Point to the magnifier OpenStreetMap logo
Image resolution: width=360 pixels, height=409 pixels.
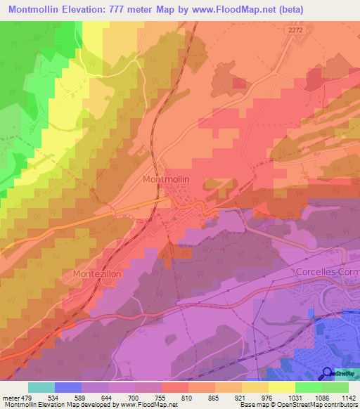(x=328, y=374)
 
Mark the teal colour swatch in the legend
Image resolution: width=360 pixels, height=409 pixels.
(x=41, y=387)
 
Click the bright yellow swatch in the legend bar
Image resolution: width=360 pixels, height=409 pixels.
(x=282, y=387)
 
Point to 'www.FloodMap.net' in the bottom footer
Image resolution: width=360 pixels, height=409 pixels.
(x=150, y=405)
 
